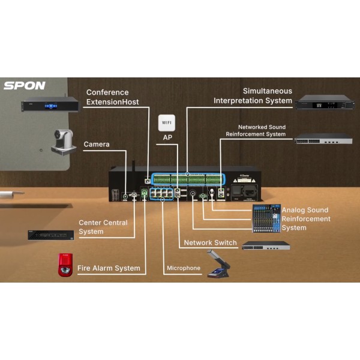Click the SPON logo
click(x=25, y=85)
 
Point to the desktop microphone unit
click(x=218, y=266)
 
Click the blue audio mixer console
click(x=266, y=218)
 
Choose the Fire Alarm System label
click(x=110, y=268)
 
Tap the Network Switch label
click(x=206, y=243)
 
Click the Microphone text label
click(x=184, y=268)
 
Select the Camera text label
click(x=96, y=145)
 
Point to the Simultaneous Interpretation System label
click(x=253, y=95)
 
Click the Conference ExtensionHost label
click(x=112, y=97)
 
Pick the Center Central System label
click(x=103, y=227)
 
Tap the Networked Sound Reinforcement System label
click(x=256, y=131)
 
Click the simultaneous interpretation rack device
click(x=324, y=102)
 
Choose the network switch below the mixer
click(x=266, y=246)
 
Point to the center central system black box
click(x=50, y=235)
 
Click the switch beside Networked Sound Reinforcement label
click(x=323, y=140)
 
